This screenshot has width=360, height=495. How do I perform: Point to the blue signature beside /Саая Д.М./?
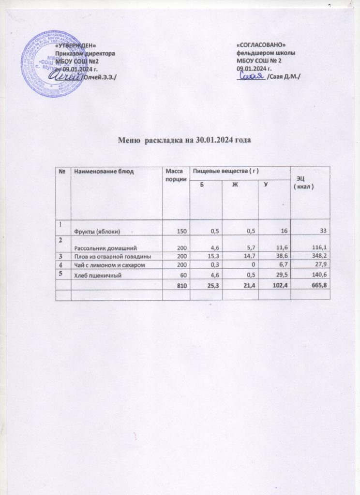(251, 76)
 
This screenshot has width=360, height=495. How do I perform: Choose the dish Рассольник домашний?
(103, 247)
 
